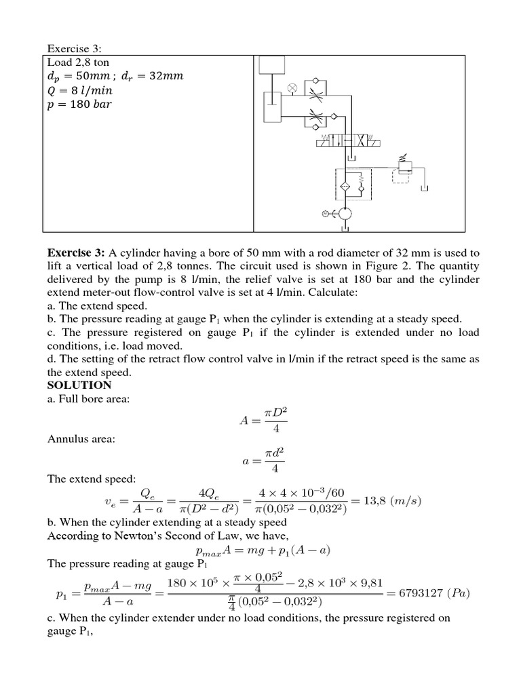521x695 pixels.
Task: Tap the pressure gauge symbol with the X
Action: point(292,88)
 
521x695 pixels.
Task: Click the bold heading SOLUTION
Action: point(79,385)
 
